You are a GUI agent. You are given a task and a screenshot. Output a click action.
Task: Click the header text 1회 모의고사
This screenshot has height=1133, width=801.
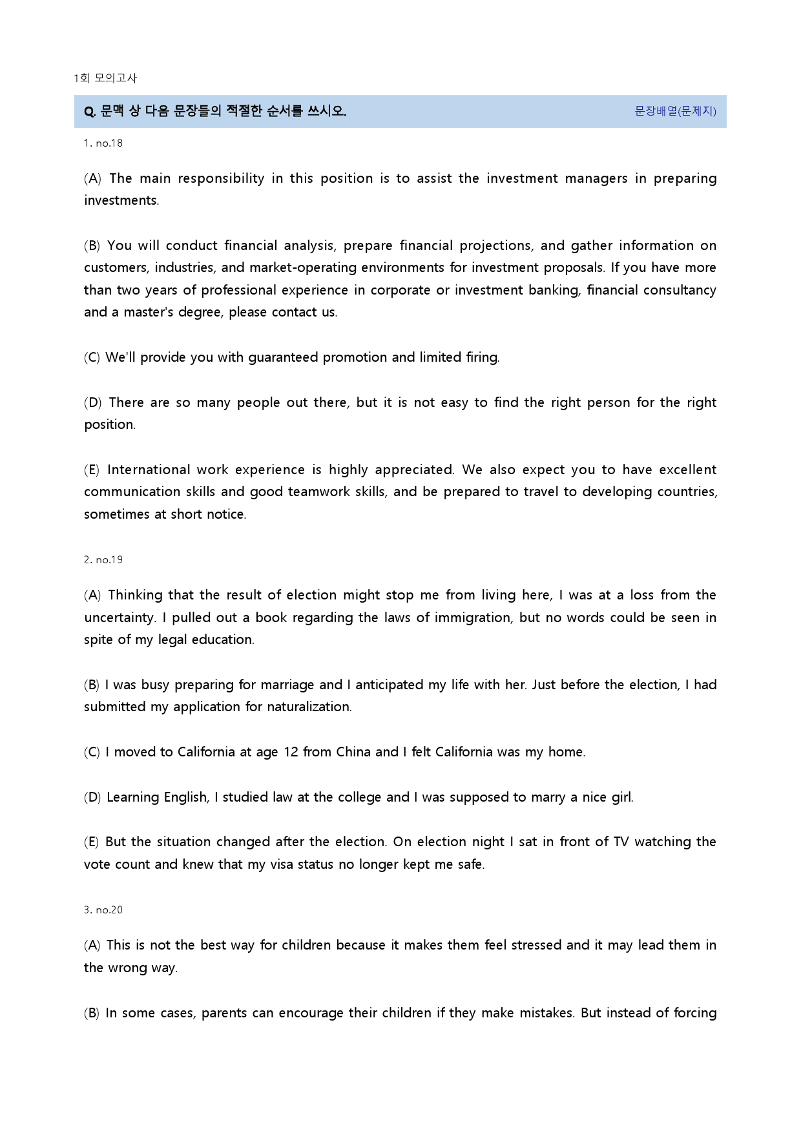coord(105,78)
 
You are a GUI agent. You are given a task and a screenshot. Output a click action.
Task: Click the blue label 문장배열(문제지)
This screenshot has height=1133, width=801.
coord(675,111)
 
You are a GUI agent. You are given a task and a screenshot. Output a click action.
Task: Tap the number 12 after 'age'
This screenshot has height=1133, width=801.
coord(291,752)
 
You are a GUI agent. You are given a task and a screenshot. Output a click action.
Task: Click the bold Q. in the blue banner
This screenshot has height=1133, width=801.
coord(90,111)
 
